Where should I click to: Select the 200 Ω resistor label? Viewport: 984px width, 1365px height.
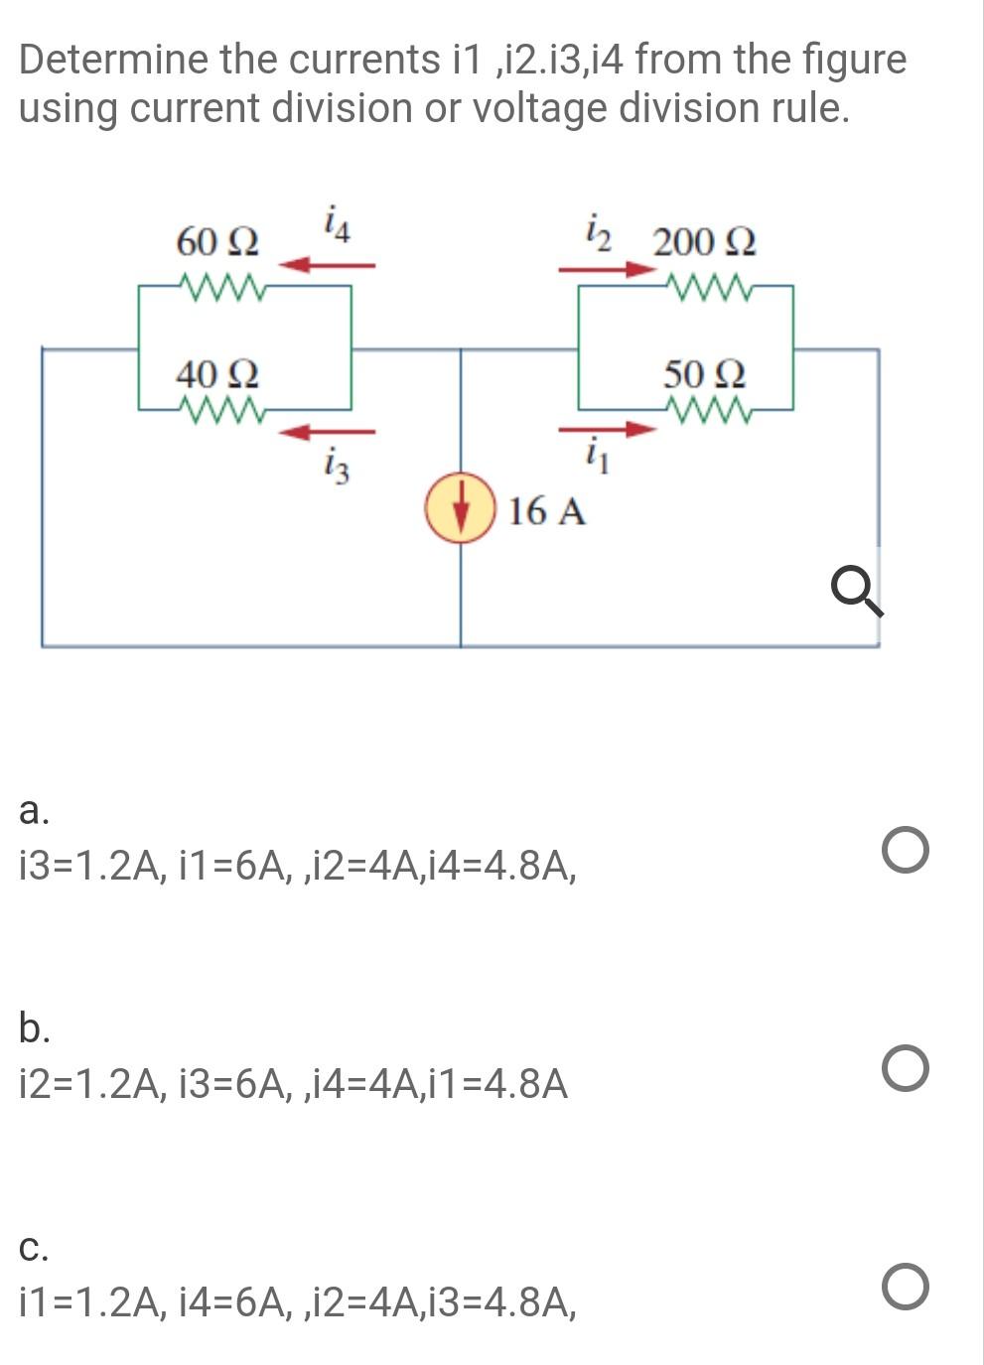(704, 241)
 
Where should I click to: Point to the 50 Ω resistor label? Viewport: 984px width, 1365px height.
(704, 374)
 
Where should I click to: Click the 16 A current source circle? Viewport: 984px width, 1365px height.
(461, 508)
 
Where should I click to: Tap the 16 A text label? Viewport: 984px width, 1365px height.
(547, 511)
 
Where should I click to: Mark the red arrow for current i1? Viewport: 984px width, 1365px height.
(607, 430)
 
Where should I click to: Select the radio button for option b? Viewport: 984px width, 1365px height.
(905, 1069)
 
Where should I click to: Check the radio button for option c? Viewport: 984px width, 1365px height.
(905, 1288)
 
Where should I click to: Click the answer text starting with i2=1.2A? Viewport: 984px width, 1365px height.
(294, 1084)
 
